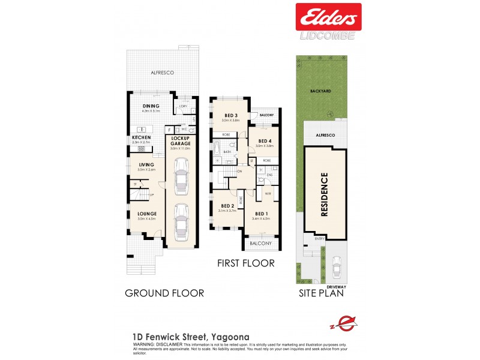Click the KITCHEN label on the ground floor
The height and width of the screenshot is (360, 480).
[141, 137]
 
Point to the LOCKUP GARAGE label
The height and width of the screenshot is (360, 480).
[181, 142]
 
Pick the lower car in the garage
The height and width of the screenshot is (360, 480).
[181, 222]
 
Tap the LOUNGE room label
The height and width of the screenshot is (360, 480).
[146, 214]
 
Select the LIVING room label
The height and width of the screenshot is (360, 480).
[146, 164]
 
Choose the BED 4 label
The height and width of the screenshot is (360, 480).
[265, 140]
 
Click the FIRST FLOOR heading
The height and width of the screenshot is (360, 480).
[247, 263]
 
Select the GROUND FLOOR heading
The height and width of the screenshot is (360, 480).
[164, 293]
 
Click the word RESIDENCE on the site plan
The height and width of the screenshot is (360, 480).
[324, 194]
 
